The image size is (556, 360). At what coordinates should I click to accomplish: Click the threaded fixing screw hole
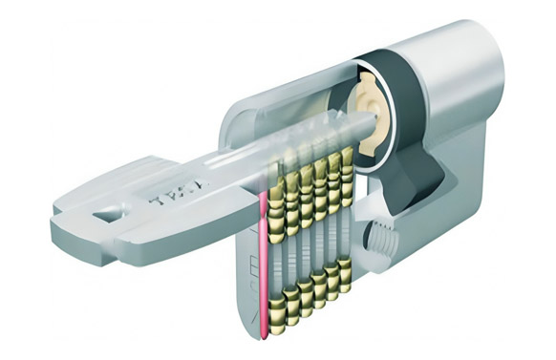(379, 234)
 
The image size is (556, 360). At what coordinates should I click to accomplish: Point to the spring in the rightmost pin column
(344, 224)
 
